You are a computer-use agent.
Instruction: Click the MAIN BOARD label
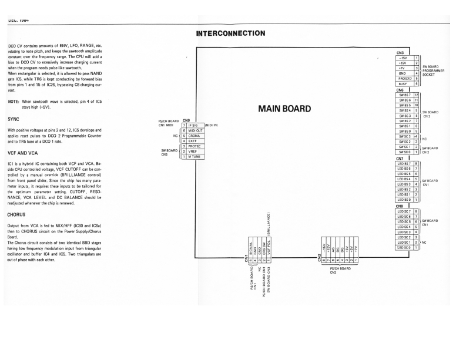[x=288, y=109]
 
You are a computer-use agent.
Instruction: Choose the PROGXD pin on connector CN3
[x=404, y=78]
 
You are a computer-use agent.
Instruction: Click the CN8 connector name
[x=400, y=206]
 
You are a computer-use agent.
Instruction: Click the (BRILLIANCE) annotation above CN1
[x=269, y=224]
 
